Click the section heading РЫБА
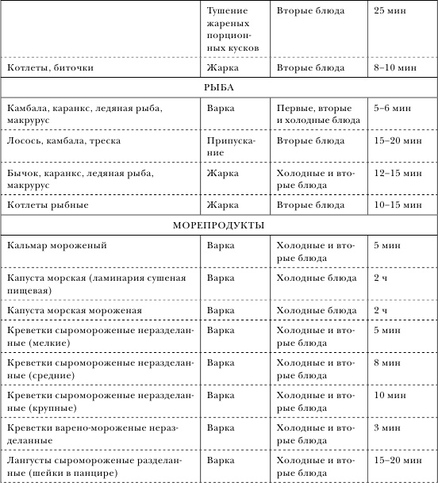coord(218,86)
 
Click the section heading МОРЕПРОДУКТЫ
coord(218,224)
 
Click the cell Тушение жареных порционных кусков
coord(227,31)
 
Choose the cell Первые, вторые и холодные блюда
coord(317,112)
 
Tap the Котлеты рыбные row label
coord(48,205)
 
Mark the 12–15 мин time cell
coord(395,171)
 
